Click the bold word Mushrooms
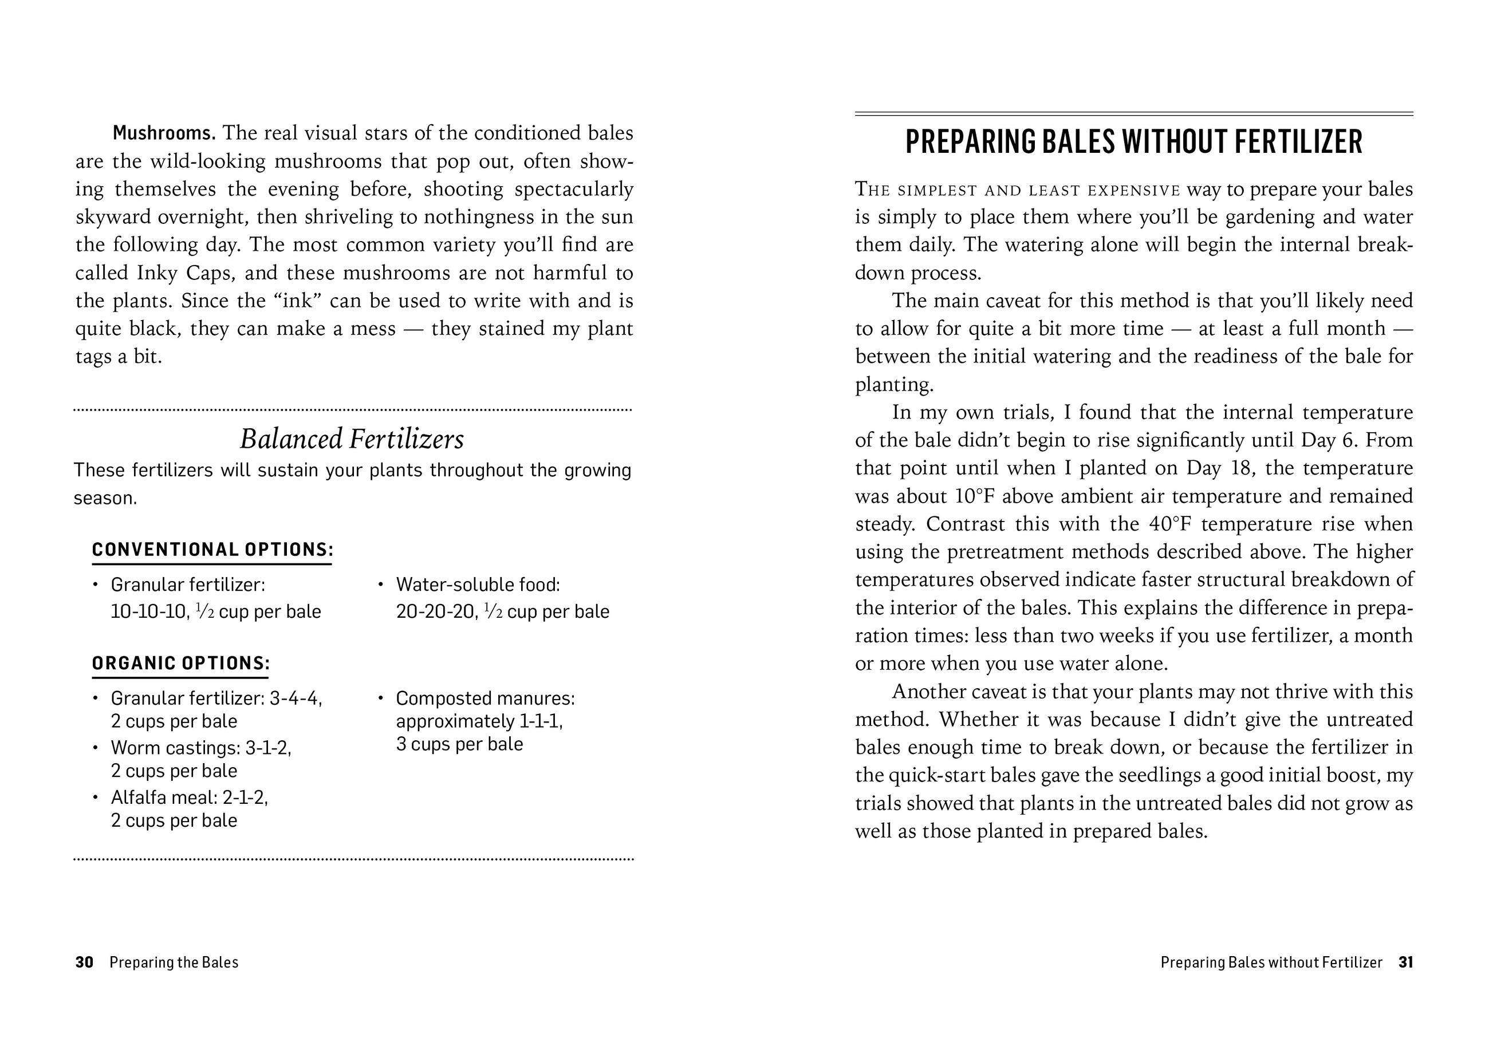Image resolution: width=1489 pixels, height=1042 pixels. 163,133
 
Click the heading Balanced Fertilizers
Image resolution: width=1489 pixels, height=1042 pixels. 352,439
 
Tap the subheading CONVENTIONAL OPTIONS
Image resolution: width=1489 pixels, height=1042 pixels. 212,550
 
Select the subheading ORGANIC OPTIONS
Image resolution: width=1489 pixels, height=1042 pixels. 180,664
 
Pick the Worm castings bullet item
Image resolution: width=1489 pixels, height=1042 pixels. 201,759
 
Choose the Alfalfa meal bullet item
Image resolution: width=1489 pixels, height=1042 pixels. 190,808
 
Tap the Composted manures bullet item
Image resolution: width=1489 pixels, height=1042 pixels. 485,721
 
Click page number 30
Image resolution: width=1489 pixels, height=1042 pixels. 84,962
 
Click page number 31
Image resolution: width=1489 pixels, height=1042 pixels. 1405,962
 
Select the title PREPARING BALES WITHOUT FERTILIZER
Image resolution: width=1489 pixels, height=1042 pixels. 1133,143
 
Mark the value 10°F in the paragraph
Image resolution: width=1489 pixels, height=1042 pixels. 976,496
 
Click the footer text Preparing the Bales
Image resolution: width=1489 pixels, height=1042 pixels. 174,962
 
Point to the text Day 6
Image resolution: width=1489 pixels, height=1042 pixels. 1329,440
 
